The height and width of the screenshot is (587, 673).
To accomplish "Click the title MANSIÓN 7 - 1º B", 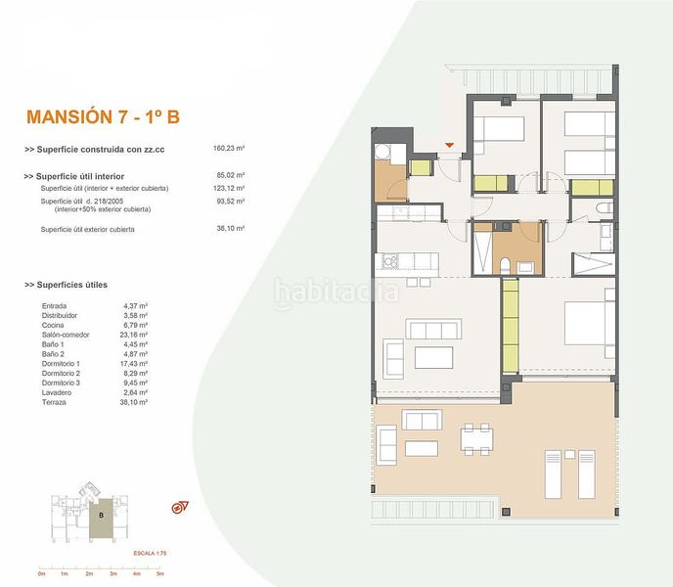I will coord(103,118).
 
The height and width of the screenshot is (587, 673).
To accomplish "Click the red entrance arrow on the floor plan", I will coord(449,146).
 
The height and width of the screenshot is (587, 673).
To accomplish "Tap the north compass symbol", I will coord(179,506).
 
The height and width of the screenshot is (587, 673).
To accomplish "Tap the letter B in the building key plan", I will coord(101,513).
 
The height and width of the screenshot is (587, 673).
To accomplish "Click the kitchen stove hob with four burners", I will coord(390,261).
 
